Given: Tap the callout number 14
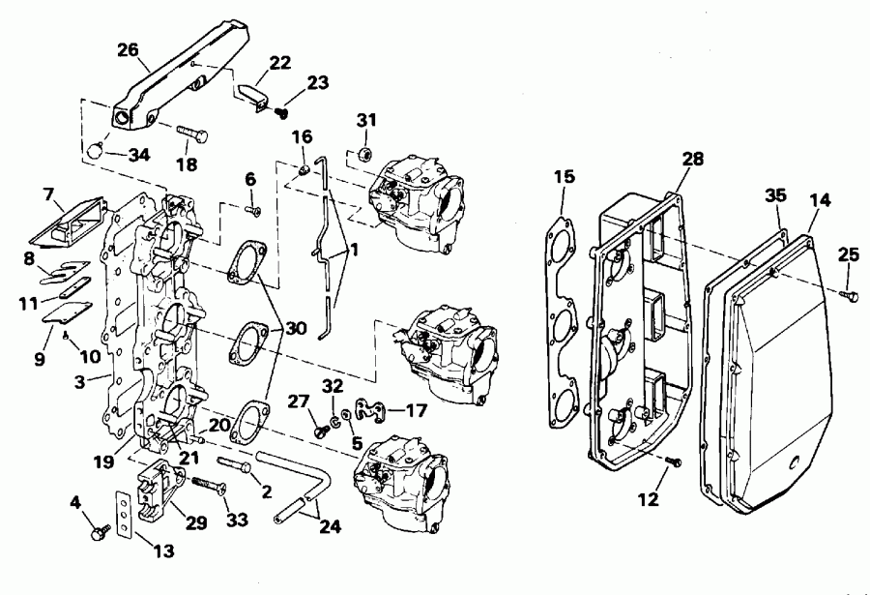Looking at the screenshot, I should pos(820,201).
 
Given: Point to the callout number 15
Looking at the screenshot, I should pos(565,176).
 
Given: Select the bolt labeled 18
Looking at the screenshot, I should pos(192,134).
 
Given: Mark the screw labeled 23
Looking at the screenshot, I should pos(282,112).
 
